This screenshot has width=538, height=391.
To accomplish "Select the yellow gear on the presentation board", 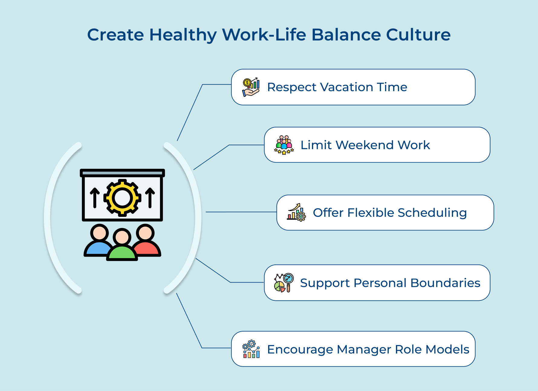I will click(x=122, y=198).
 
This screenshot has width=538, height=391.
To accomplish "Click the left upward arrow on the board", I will click(x=95, y=198).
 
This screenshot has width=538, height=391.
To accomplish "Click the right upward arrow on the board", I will click(x=150, y=198).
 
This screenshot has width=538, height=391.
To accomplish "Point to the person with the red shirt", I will click(x=147, y=242).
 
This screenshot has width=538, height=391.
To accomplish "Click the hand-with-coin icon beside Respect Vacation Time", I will click(x=251, y=87).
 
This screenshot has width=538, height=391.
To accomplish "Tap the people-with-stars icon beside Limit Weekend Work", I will click(x=284, y=145).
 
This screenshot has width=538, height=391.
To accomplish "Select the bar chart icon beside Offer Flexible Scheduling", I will click(x=296, y=213).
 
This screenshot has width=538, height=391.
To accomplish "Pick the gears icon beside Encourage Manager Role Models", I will click(x=251, y=349).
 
